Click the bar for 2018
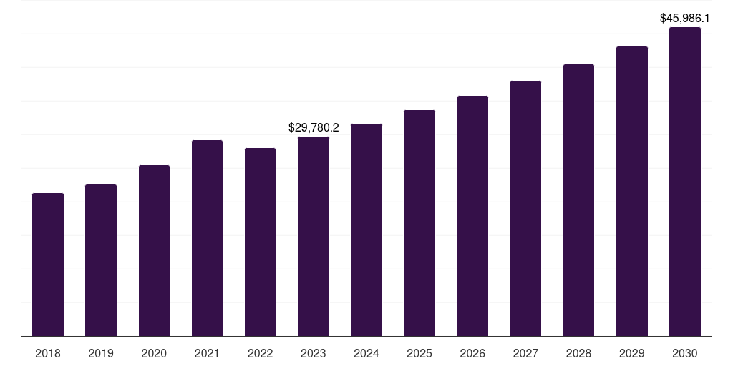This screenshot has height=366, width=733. [48, 264]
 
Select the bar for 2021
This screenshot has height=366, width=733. [207, 238]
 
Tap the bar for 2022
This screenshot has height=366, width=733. [260, 242]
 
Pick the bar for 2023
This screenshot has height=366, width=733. [314, 236]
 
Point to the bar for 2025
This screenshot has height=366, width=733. [419, 223]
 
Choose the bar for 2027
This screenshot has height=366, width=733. [525, 208]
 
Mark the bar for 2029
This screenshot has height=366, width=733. [631, 191]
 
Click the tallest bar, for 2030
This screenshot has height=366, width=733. [685, 182]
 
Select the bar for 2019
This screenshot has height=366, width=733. [101, 260]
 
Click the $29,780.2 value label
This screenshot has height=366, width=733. [314, 128]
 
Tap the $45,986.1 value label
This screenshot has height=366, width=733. [684, 19]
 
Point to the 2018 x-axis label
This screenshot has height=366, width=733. [48, 353]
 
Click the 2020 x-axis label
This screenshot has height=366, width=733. [154, 353]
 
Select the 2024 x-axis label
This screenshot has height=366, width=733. [366, 353]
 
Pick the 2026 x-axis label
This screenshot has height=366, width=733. [472, 353]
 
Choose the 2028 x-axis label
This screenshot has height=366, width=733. [578, 353]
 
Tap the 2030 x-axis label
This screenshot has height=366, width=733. [685, 353]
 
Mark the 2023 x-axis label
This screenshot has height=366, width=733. [314, 353]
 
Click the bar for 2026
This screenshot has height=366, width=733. [472, 216]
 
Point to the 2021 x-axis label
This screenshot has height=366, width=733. [207, 353]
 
